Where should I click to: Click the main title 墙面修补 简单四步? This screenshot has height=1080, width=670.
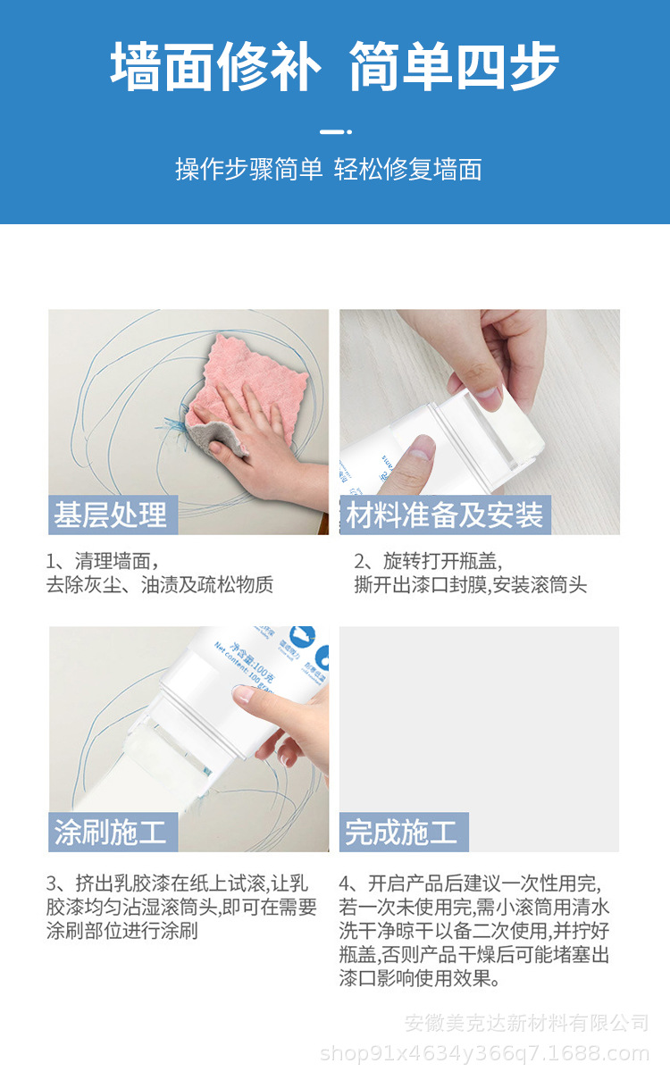click(x=334, y=67)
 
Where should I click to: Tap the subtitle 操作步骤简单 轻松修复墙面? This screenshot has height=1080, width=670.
click(x=329, y=169)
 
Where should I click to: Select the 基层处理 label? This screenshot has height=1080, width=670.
click(x=110, y=515)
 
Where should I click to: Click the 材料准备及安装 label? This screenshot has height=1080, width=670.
click(x=444, y=515)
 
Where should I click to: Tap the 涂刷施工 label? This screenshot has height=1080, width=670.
click(x=111, y=833)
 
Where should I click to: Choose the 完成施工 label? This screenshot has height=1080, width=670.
click(x=402, y=833)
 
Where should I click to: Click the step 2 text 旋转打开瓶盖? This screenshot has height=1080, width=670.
click(x=429, y=561)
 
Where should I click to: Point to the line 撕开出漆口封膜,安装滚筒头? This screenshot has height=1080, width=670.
click(x=471, y=586)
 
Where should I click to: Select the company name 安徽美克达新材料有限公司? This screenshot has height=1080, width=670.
click(x=527, y=1023)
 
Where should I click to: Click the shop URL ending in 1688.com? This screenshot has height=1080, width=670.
click(x=484, y=1054)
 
